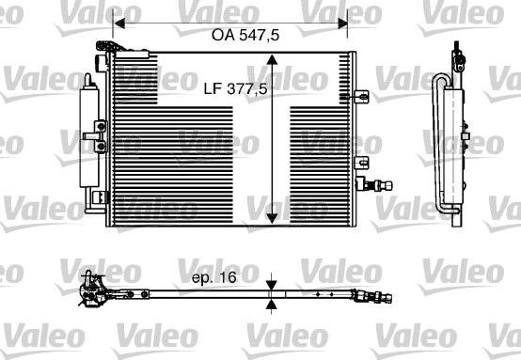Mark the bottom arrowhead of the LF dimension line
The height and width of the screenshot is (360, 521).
click(272, 217)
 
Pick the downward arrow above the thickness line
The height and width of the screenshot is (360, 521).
click(272, 285)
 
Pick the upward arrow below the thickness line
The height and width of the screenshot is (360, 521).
click(272, 303)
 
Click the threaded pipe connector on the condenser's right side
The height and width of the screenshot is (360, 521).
click(382, 184)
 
